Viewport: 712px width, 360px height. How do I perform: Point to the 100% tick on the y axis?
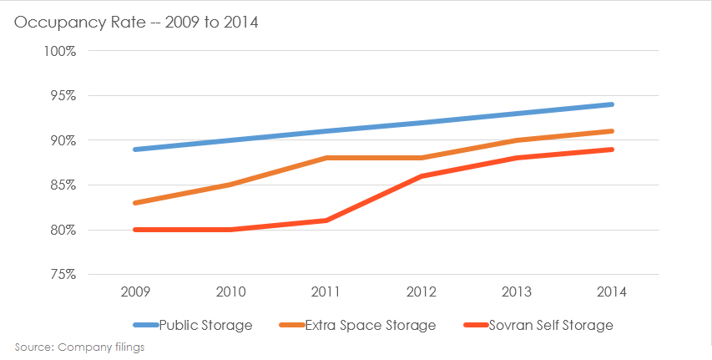tap(59, 51)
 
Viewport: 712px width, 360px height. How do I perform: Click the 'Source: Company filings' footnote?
tap(79, 346)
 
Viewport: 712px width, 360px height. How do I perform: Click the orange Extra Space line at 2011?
tap(326, 158)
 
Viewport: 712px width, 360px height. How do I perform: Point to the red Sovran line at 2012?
tap(422, 176)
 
